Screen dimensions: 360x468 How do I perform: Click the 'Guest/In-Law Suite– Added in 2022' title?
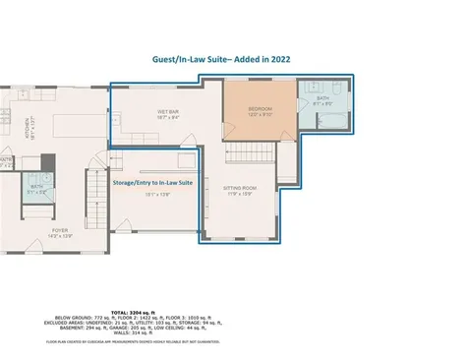(x=233, y=59)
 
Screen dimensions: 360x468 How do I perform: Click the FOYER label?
(x=61, y=230)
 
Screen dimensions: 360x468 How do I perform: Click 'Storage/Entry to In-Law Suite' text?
(x=150, y=182)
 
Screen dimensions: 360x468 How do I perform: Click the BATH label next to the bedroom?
(x=323, y=98)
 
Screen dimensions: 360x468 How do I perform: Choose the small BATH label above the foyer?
(x=36, y=186)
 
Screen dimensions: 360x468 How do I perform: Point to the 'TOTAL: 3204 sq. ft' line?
(x=233, y=309)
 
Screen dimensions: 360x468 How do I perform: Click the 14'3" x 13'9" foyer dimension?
(x=61, y=237)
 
